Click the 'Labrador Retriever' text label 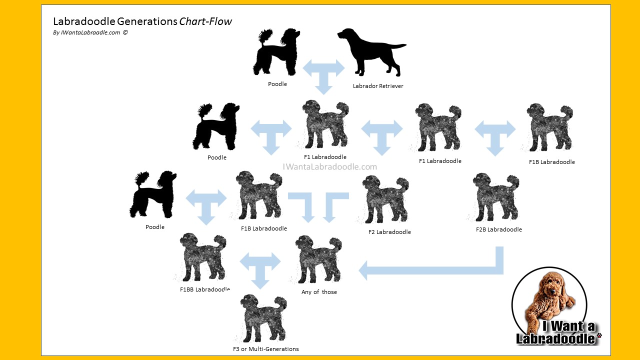click(378, 86)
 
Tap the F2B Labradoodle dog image click(495, 197)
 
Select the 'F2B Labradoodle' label click(499, 229)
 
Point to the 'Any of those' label click(319, 292)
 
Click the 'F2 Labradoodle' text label click(389, 232)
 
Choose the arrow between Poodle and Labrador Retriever click(324, 72)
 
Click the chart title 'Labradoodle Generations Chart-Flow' click(142, 22)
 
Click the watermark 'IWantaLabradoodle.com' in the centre click(330, 167)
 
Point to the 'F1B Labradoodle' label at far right click(551, 162)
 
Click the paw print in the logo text click(599, 335)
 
